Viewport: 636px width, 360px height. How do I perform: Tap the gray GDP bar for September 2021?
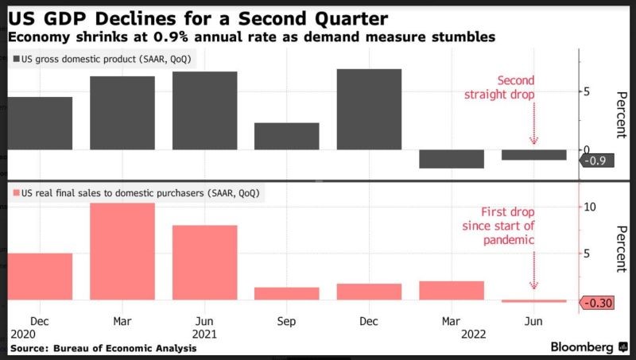(x=286, y=136)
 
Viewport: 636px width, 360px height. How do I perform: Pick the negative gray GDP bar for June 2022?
(x=533, y=155)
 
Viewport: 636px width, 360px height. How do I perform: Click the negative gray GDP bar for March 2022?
(x=451, y=159)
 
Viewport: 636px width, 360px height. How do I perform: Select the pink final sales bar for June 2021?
(x=204, y=262)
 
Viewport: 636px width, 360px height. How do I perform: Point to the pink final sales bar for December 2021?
(x=369, y=292)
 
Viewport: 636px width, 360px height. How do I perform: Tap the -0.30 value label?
(x=598, y=303)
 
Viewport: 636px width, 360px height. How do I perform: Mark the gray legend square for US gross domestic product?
(x=15, y=60)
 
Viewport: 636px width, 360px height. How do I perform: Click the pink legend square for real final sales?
(x=15, y=193)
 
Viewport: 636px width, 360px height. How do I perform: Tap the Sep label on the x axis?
(x=286, y=321)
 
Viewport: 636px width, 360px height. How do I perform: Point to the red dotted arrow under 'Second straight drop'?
(x=533, y=123)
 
